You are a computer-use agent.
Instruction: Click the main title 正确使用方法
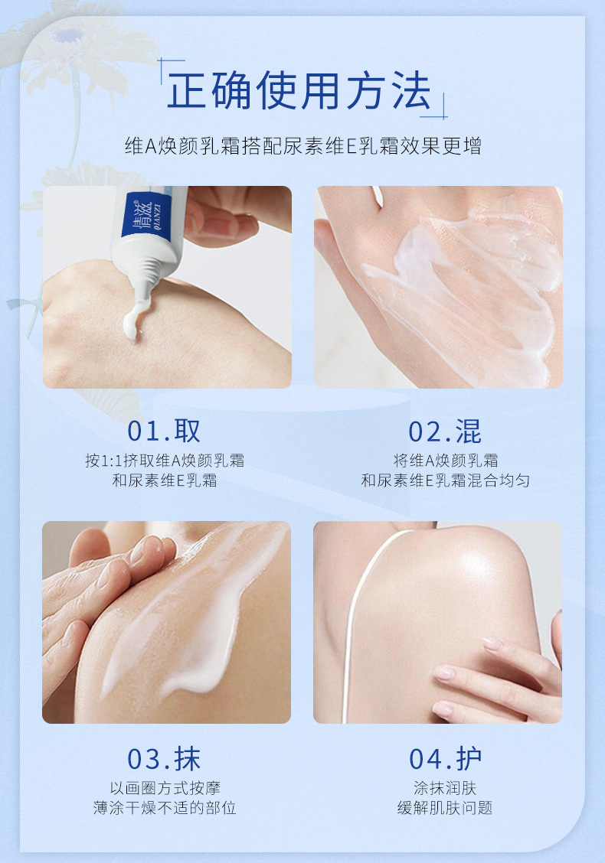coord(299,90)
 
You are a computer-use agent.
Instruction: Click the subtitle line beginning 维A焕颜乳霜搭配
coord(303,146)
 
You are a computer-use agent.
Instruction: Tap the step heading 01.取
coord(164,431)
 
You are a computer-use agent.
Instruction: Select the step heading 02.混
coord(445,431)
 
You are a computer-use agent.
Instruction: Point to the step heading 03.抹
coord(164,759)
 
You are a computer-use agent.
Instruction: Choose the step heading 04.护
coord(445,759)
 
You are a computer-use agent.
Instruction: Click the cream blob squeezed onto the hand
coord(133,319)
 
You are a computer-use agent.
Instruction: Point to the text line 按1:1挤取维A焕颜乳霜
coord(164,461)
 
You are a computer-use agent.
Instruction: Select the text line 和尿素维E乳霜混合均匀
coord(445,480)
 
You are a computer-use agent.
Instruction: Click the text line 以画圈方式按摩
coord(165,788)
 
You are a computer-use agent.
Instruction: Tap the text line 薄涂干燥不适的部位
coord(165,808)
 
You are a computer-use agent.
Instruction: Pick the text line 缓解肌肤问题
coord(445,808)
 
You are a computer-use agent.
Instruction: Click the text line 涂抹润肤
coord(445,788)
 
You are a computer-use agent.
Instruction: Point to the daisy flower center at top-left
coord(67,36)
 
